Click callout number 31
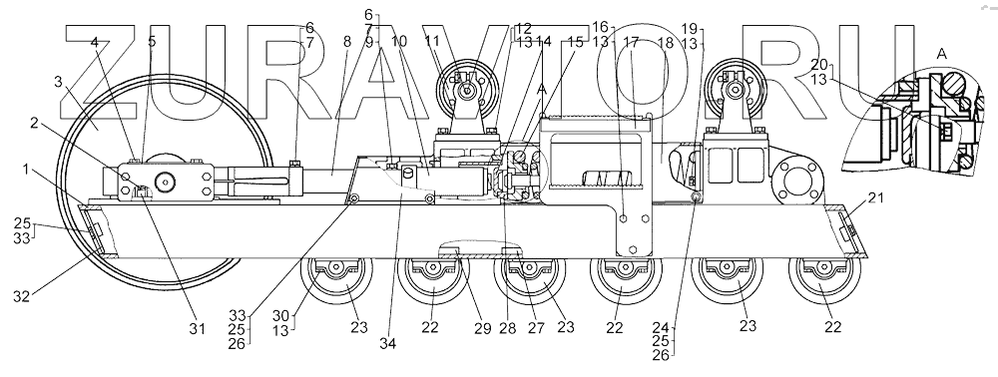[197, 329]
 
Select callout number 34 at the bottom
[387, 343]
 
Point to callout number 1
[26, 170]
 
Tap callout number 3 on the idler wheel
[58, 82]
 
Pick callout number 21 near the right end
[876, 198]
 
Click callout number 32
[22, 295]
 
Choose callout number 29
[482, 329]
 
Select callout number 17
[631, 43]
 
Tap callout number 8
[346, 42]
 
